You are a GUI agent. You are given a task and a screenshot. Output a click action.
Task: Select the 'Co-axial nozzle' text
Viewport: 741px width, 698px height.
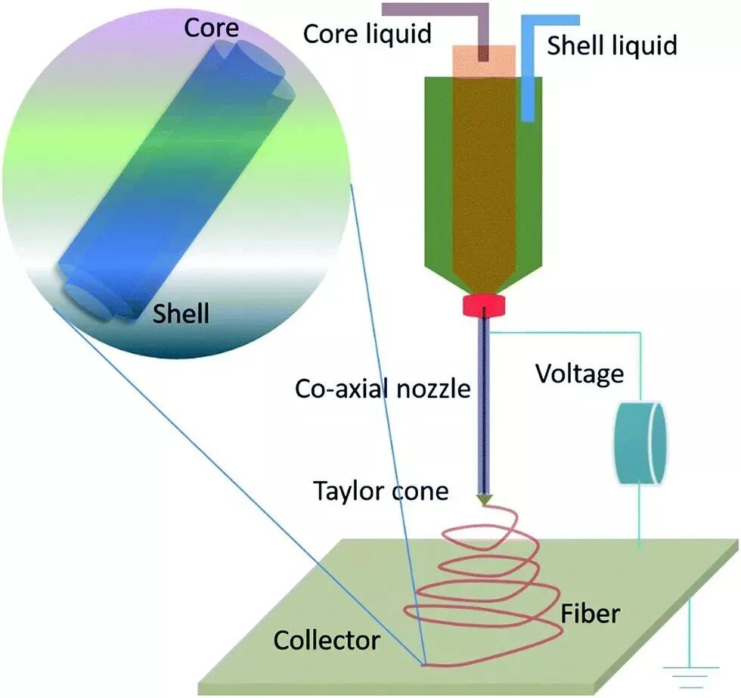(x=383, y=389)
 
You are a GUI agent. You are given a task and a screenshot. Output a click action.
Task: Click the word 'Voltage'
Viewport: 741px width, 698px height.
(x=580, y=374)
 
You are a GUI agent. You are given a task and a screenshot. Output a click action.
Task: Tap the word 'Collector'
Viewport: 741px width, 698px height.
(x=326, y=641)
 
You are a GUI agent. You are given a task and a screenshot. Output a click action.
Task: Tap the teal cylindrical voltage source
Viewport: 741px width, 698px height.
(x=639, y=443)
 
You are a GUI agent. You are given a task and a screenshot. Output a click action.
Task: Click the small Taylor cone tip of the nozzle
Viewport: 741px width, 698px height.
(x=484, y=500)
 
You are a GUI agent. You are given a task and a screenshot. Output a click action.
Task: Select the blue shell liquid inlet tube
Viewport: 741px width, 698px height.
(x=529, y=76)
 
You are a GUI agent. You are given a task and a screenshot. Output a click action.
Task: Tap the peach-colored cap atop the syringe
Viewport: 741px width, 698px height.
(x=484, y=60)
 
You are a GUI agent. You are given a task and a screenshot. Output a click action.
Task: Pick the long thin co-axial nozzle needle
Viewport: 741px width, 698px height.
(x=483, y=408)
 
